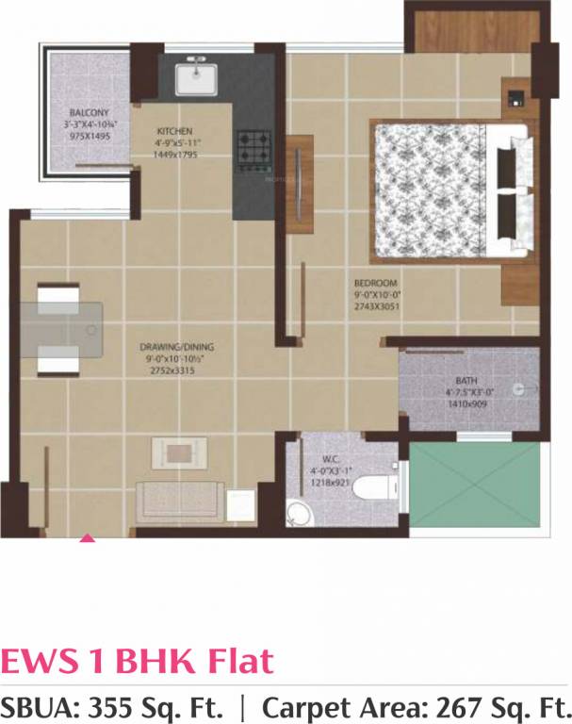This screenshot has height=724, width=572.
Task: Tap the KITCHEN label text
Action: pyautogui.click(x=175, y=131)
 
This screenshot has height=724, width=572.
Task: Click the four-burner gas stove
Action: pyautogui.click(x=253, y=148)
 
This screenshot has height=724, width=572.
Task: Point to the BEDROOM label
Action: pyautogui.click(x=376, y=283)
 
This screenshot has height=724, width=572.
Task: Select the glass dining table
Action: pyautogui.click(x=62, y=331)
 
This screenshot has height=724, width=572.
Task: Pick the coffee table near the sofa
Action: pyautogui.click(x=178, y=452)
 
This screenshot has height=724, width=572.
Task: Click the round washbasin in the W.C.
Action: pyautogui.click(x=297, y=514)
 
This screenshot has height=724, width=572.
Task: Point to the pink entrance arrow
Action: pyautogui.click(x=87, y=538)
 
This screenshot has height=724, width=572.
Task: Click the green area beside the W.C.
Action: pyautogui.click(x=476, y=485)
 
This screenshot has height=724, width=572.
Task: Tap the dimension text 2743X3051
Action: pyautogui.click(x=376, y=306)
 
